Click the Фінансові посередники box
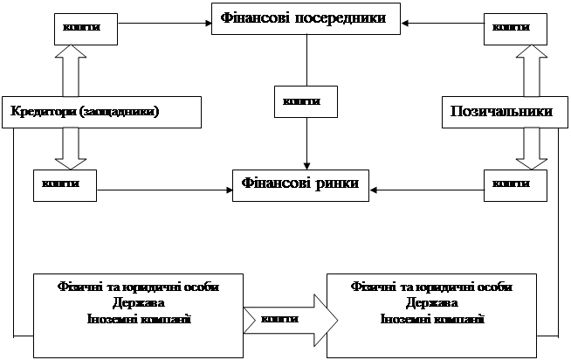tap(308, 18)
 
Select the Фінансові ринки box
tap(299, 184)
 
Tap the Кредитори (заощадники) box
tap(102, 111)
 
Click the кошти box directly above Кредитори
tap(83, 27)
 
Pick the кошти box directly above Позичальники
tap(515, 27)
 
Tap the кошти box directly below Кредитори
tap(65, 183)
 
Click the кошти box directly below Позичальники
tap(515, 183)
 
